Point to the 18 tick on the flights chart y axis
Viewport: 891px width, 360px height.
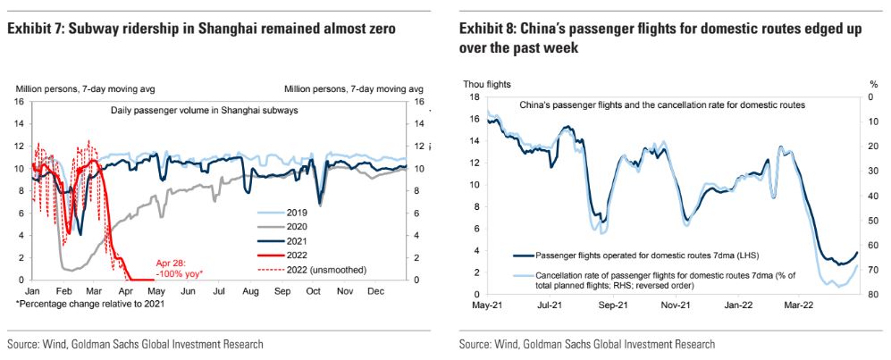point(475,96)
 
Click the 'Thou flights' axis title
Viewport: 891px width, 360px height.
point(487,84)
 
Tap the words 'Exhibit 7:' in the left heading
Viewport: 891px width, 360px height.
point(36,30)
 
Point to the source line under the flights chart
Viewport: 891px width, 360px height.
point(587,343)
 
